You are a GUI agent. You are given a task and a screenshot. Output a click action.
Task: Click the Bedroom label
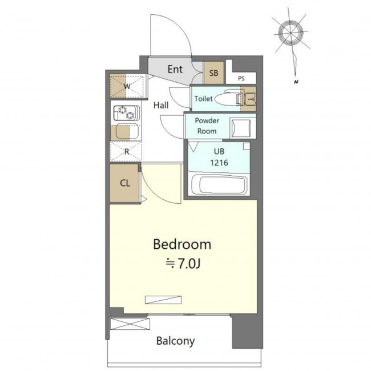(x=182, y=244)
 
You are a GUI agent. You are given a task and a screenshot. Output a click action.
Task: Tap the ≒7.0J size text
(x=183, y=264)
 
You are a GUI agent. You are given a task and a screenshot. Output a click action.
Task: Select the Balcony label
(x=176, y=341)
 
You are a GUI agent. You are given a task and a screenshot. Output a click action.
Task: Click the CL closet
(x=124, y=183)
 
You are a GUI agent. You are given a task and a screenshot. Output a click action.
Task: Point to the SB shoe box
(x=213, y=72)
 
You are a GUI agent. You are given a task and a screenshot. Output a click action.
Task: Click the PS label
(x=241, y=78)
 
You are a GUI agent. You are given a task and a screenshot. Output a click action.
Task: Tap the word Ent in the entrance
(x=175, y=69)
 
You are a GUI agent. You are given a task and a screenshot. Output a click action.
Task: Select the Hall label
(x=161, y=105)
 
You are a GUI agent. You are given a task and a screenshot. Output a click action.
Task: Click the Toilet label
(x=204, y=98)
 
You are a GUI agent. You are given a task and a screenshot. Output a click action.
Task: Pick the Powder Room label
(x=207, y=126)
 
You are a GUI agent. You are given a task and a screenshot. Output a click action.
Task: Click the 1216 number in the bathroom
(x=219, y=163)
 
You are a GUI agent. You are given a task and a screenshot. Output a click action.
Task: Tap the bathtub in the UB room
(x=219, y=184)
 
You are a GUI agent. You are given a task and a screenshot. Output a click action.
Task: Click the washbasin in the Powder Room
(x=241, y=128)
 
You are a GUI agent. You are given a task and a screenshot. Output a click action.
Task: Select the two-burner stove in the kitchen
(x=127, y=113)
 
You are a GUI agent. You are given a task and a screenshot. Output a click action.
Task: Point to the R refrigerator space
(x=126, y=152)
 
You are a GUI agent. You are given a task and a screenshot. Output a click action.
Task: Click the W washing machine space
(x=127, y=86)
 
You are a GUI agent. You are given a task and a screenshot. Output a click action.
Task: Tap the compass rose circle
(x=291, y=32)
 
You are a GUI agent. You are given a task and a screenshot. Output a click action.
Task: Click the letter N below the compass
(x=296, y=82)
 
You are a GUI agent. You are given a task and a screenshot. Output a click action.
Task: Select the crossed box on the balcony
(x=130, y=324)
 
